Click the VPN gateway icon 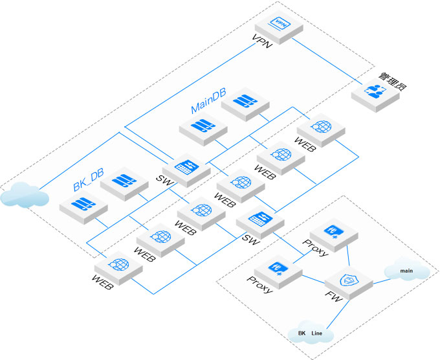click(280, 25)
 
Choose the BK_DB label click(88, 185)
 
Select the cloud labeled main click(407, 270)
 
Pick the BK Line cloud click(311, 333)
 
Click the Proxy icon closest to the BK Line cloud click(278, 267)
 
